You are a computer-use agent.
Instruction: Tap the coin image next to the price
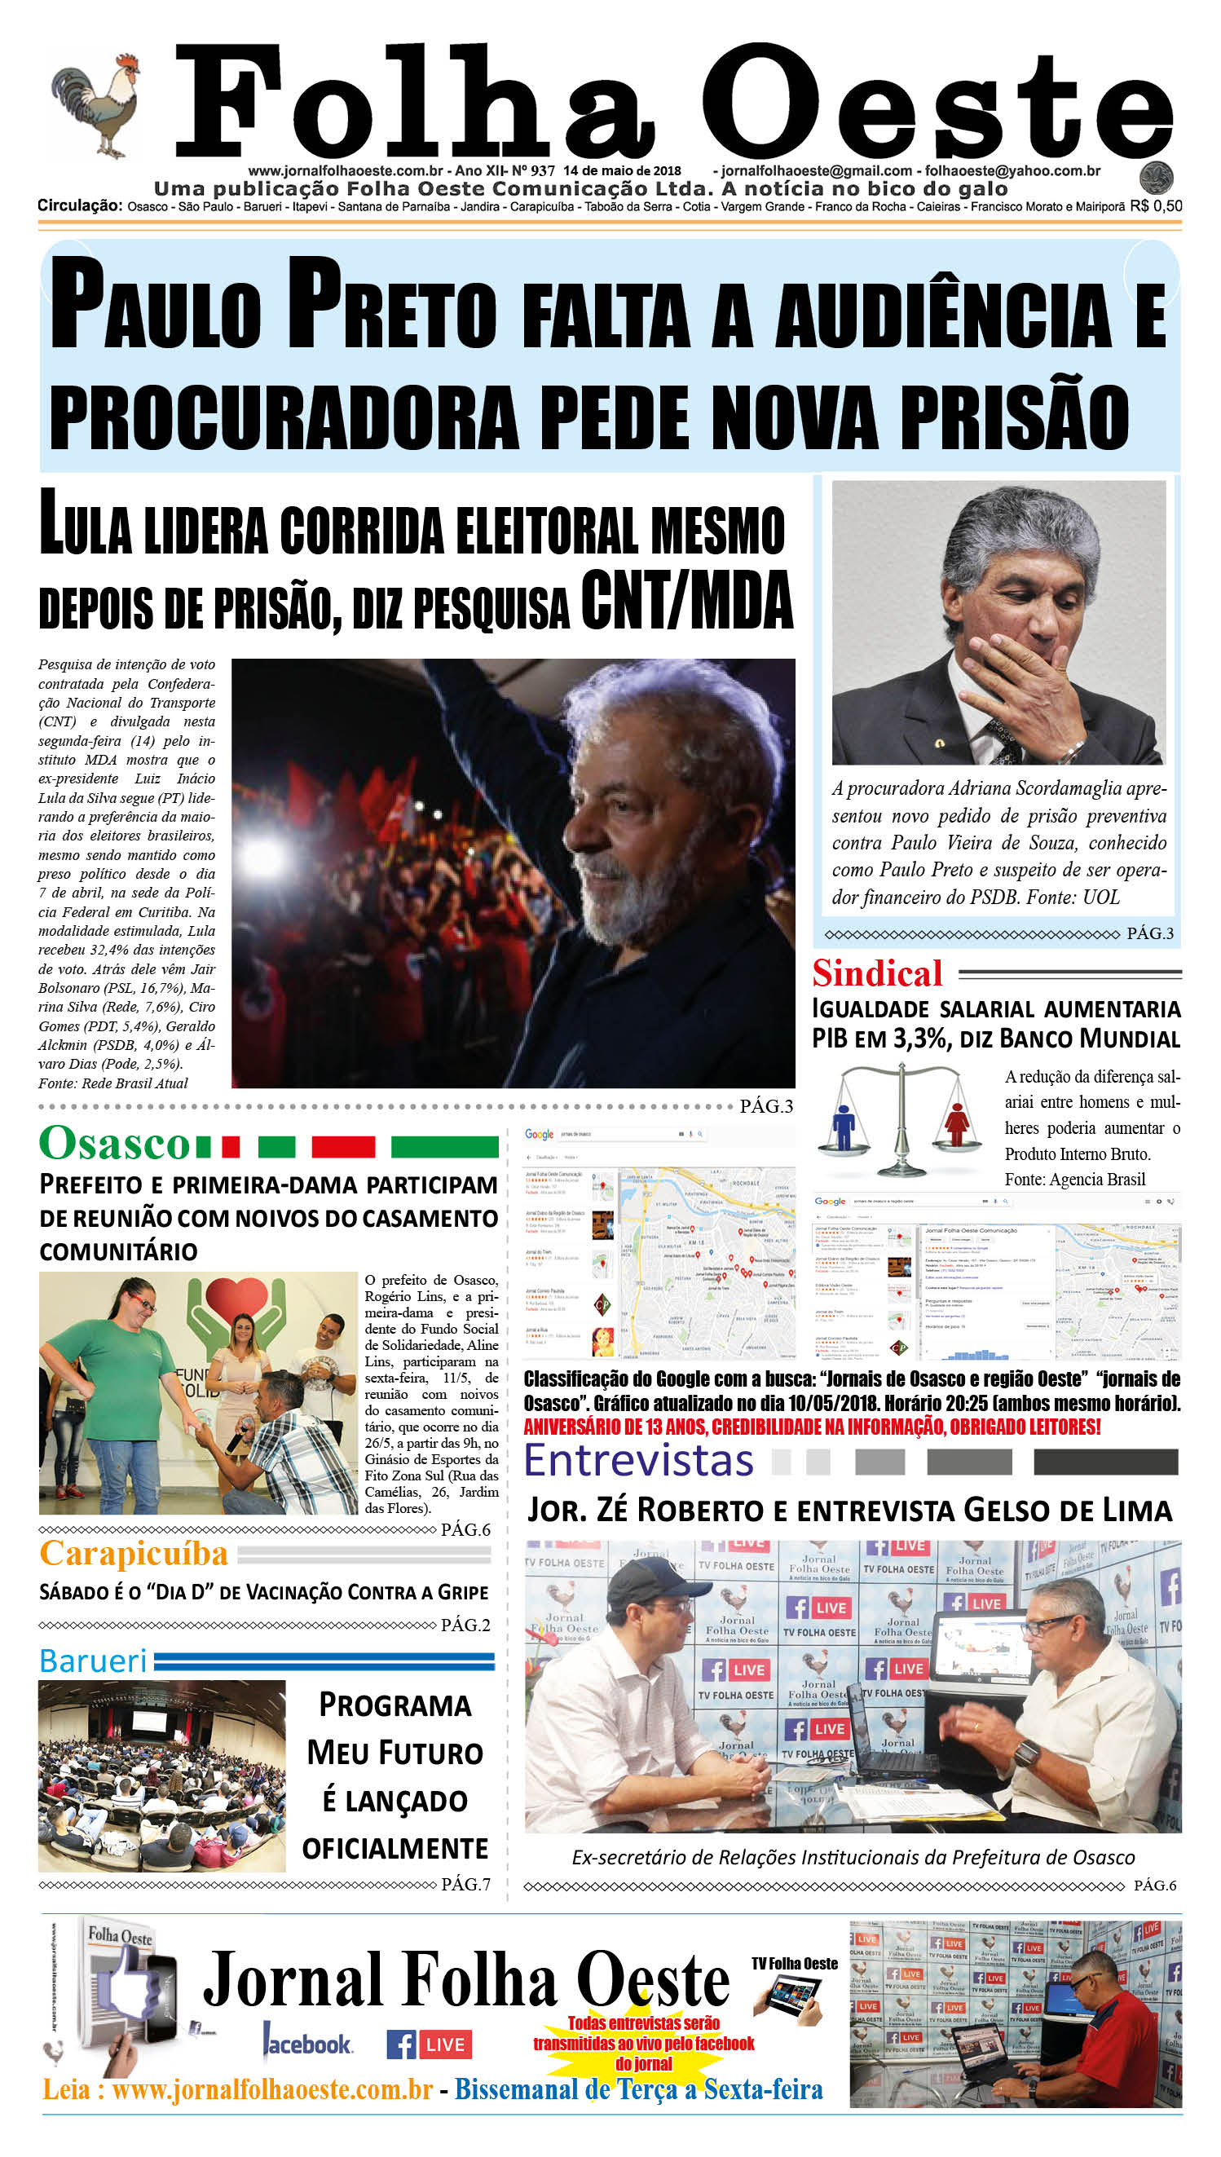click(1156, 178)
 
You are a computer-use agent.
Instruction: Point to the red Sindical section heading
click(877, 973)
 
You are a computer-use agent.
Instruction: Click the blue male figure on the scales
click(843, 1125)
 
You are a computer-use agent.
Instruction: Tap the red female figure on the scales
click(956, 1123)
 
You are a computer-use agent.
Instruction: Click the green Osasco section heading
click(115, 1144)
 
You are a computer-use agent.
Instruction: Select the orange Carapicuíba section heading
click(134, 1554)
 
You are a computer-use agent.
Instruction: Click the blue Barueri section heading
click(93, 1661)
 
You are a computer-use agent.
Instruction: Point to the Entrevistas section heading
click(639, 1461)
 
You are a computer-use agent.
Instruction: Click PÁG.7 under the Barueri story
click(465, 1885)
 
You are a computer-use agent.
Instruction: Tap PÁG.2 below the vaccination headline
click(465, 1625)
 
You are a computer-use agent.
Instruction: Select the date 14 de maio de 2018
click(621, 171)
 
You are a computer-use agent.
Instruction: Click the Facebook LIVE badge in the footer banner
click(429, 2045)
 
